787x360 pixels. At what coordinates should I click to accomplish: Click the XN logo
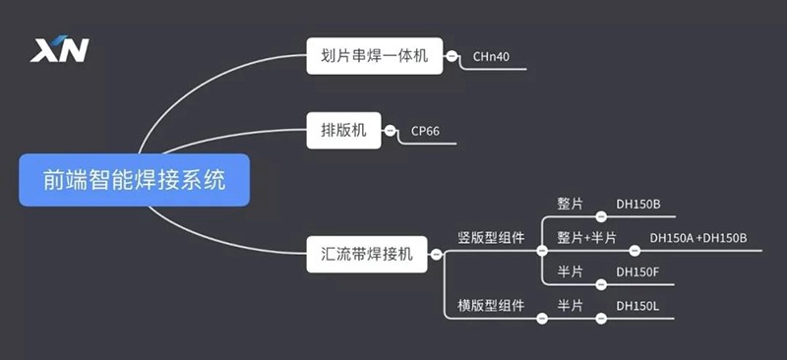(x=59, y=49)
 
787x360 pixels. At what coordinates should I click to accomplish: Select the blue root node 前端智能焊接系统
(x=135, y=180)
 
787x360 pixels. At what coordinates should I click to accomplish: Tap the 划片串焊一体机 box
(x=375, y=56)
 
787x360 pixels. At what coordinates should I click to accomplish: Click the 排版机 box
(x=343, y=131)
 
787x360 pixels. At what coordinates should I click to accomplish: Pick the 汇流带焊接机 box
(x=367, y=255)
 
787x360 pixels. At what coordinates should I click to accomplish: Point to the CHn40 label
(x=491, y=57)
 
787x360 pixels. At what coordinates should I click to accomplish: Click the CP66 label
(x=425, y=132)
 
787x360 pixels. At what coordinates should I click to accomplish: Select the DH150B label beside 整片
(x=638, y=205)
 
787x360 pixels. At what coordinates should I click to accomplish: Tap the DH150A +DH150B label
(x=698, y=238)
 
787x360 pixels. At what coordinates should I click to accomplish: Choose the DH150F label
(x=637, y=272)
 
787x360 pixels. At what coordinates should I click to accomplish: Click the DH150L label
(x=637, y=305)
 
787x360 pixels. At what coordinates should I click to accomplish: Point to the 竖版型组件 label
(x=491, y=237)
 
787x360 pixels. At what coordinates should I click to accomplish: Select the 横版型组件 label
(x=491, y=305)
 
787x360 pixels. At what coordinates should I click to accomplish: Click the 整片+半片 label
(x=586, y=237)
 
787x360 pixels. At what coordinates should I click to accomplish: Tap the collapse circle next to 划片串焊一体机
(x=452, y=56)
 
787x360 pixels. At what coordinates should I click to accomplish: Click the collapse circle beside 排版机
(x=390, y=131)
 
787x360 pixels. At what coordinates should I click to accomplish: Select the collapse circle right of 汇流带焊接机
(x=436, y=255)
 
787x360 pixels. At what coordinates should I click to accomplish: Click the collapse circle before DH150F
(x=601, y=284)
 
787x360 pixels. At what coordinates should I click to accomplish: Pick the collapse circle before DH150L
(x=601, y=319)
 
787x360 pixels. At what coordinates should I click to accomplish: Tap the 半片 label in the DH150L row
(x=571, y=305)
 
